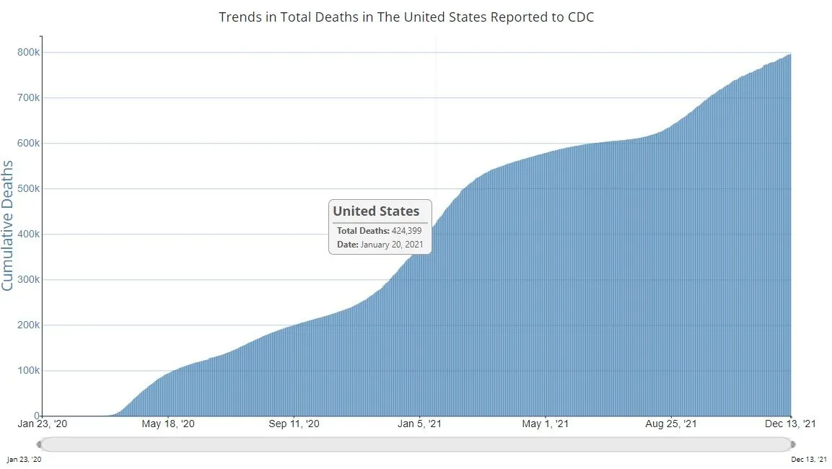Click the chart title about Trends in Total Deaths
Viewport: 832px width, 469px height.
(x=406, y=17)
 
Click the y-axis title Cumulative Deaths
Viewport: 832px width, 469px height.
(x=8, y=226)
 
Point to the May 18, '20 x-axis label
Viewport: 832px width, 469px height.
(x=168, y=424)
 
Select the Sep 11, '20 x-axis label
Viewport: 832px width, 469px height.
(x=294, y=424)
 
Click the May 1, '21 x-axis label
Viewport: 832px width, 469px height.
(x=546, y=424)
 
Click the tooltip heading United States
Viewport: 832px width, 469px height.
(x=376, y=211)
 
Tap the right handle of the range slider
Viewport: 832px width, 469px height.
(x=793, y=444)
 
